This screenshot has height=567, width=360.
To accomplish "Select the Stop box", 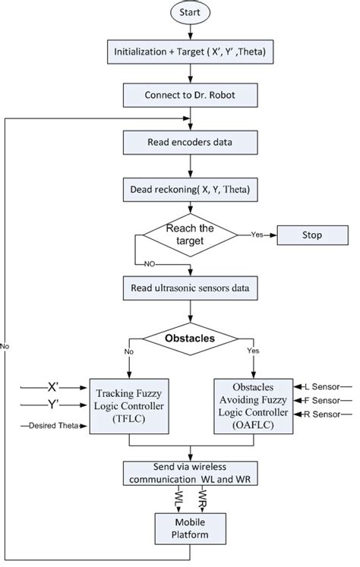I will tap(312, 235).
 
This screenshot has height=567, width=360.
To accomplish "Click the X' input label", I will tap(53, 386).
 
